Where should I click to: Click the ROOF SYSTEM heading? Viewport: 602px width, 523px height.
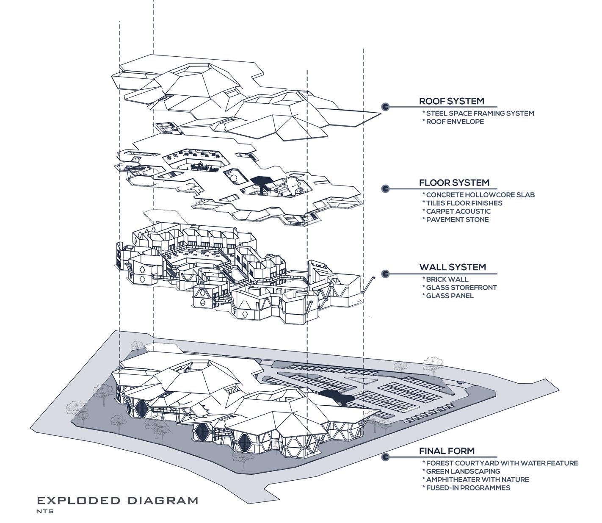[451, 101]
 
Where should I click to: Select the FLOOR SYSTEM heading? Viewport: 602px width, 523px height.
[454, 183]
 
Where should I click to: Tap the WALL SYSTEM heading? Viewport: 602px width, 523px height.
[452, 267]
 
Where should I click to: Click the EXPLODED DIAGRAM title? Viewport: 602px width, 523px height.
[117, 501]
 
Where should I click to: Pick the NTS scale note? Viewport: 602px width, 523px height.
[45, 511]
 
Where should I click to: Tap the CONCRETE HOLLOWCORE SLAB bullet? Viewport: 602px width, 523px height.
[480, 195]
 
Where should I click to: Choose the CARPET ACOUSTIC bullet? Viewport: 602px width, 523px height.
[458, 211]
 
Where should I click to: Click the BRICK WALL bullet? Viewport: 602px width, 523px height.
[447, 279]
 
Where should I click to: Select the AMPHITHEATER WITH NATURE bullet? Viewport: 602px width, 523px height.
[477, 480]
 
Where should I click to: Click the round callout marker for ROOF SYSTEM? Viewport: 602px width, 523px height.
[385, 107]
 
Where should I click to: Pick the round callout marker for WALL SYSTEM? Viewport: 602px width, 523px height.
[385, 274]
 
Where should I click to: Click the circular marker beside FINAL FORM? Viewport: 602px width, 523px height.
[385, 457]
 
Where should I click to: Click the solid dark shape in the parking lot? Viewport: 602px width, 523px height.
[337, 397]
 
